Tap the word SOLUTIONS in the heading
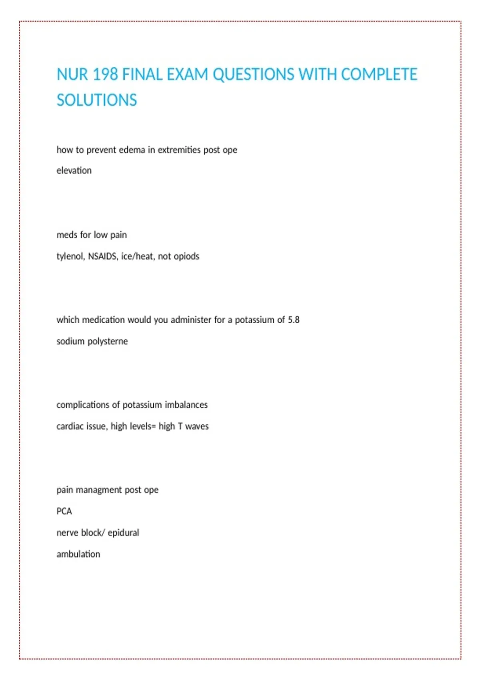pos(97,100)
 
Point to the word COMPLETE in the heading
pos(379,75)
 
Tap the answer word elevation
pos(74,171)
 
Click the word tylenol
pos(70,256)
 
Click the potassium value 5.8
pos(294,320)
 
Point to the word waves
pos(197,426)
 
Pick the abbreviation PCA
pos(64,512)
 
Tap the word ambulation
pos(78,554)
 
